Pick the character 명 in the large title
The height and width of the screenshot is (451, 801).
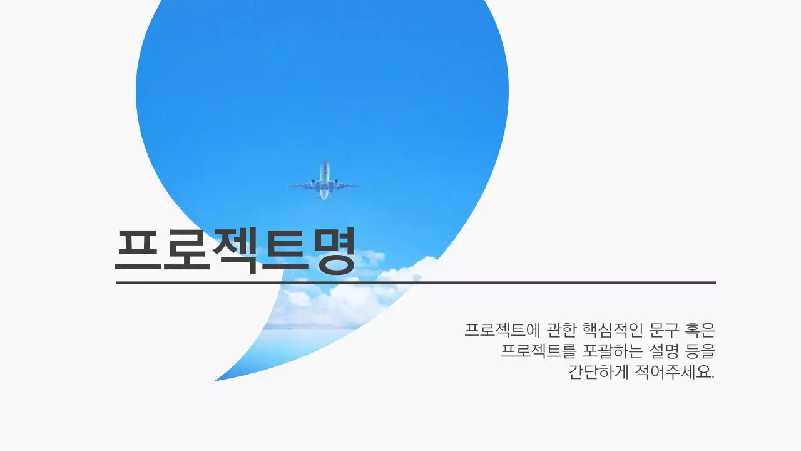[x=333, y=251]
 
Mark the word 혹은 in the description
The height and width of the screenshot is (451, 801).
[x=702, y=329]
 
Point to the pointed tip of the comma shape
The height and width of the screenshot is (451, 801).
[x=217, y=380]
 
